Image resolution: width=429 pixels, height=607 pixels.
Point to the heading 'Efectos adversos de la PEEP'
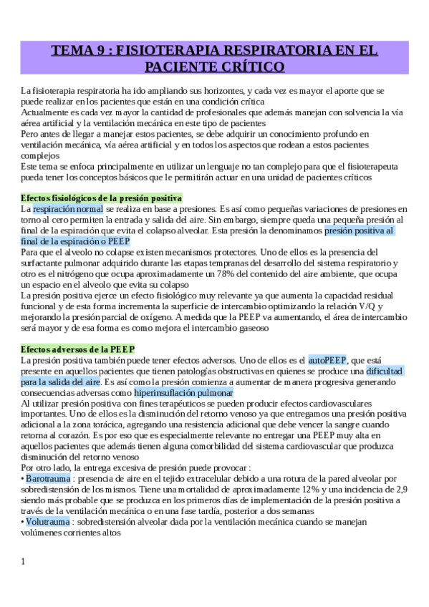coord(78,349)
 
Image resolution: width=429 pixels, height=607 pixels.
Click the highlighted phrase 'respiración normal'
coord(68,208)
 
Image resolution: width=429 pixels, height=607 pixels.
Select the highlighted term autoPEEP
coord(327,360)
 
